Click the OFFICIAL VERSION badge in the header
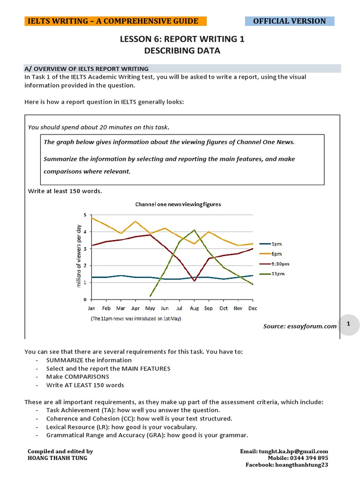tap(289, 21)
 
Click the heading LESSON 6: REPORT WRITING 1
tap(182, 39)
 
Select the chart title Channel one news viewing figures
tap(178, 204)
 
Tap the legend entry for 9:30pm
tap(279, 264)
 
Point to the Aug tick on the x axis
tap(195, 308)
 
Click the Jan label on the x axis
tap(92, 308)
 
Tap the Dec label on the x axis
tap(253, 308)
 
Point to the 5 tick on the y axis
tap(85, 215)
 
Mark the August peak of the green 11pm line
tap(195, 230)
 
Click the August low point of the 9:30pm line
tap(195, 281)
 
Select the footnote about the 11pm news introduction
tap(135, 318)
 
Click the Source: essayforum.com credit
tap(300, 326)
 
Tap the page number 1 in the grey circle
tap(348, 324)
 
